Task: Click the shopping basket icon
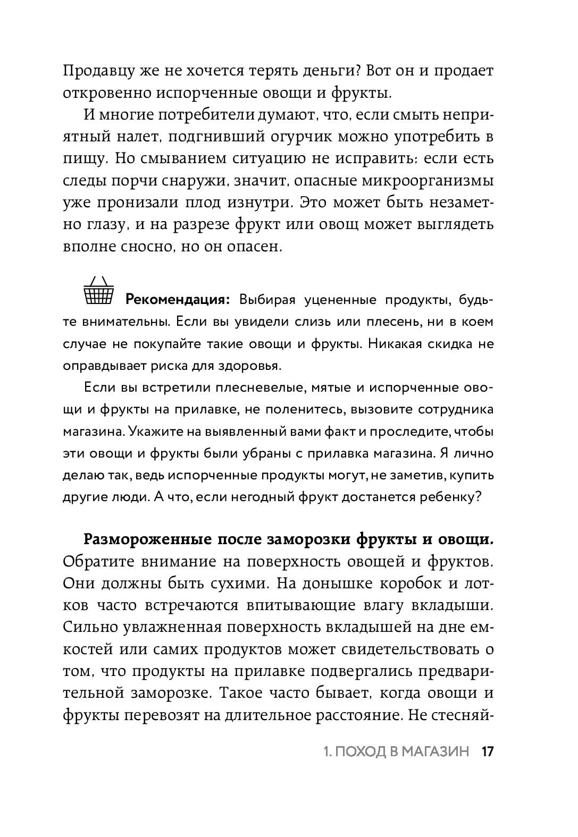[99, 290]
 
